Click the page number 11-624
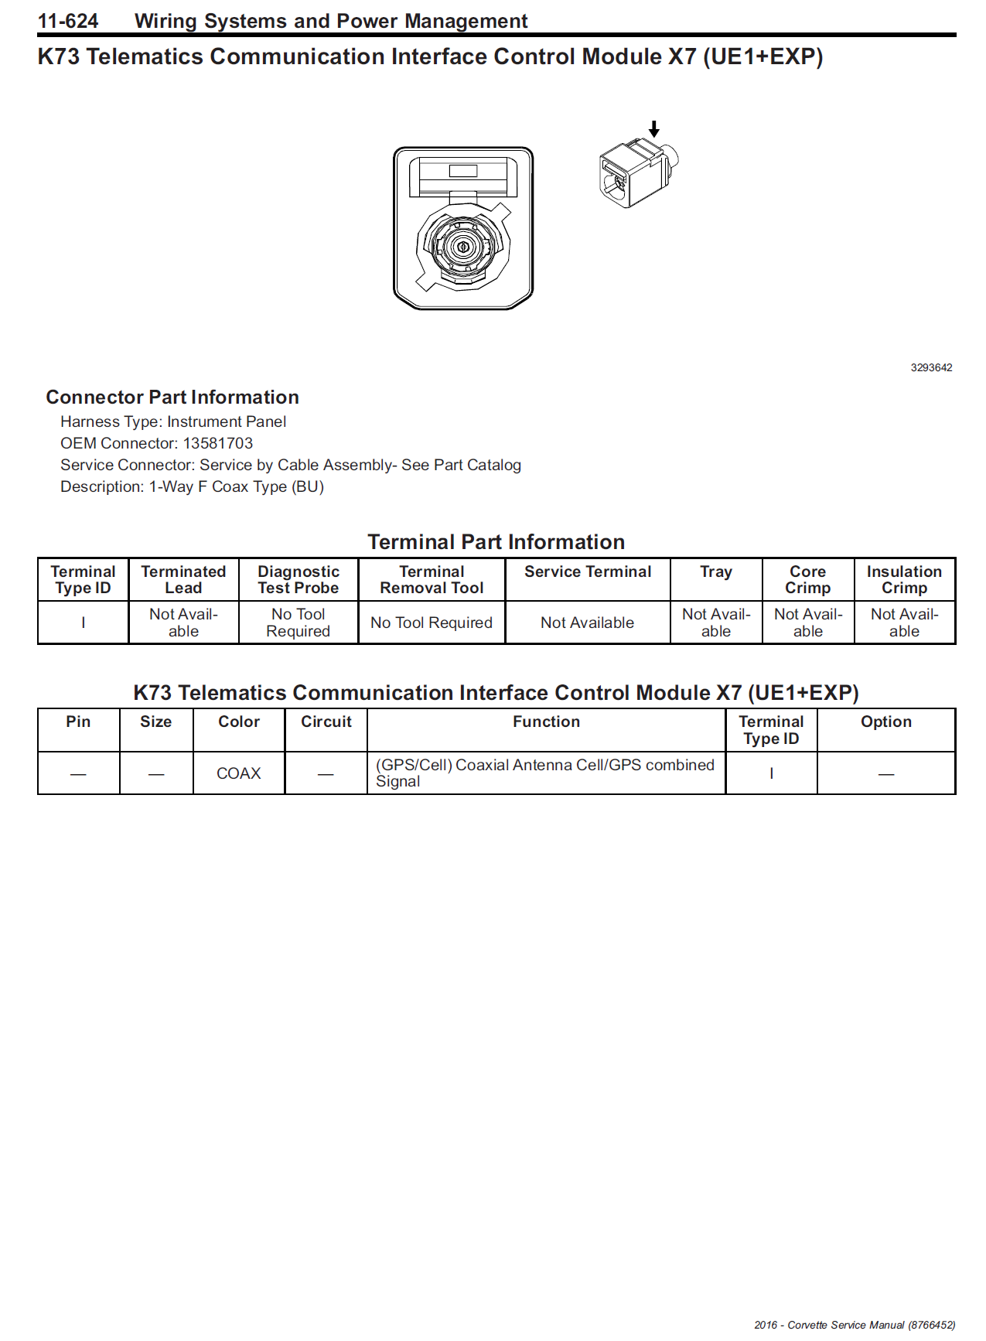(x=68, y=21)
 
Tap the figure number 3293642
(x=931, y=367)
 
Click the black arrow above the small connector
(x=654, y=128)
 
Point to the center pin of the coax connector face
(x=463, y=247)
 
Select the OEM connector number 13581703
(x=217, y=443)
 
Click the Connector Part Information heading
(x=172, y=397)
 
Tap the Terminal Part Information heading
(x=496, y=541)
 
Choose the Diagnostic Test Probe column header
(x=299, y=579)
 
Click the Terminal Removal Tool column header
(x=432, y=579)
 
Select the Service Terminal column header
(x=588, y=572)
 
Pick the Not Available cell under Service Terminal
(x=587, y=623)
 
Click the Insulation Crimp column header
(x=904, y=579)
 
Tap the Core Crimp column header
(x=807, y=579)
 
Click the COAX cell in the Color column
(x=238, y=773)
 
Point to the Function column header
(x=546, y=722)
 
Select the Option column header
(x=886, y=722)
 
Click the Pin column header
(x=78, y=722)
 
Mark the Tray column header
(x=716, y=572)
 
